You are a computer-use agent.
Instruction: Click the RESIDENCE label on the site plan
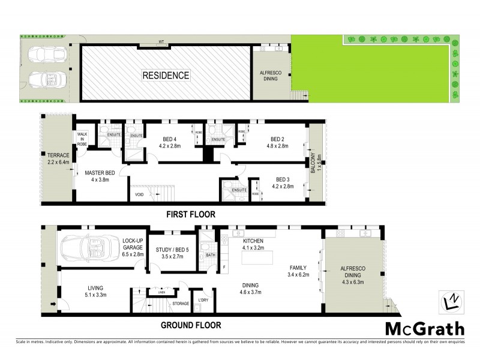point(166,76)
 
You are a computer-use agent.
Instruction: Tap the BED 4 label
point(170,141)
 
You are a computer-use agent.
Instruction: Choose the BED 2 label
point(276,141)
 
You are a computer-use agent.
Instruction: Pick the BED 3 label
point(283,182)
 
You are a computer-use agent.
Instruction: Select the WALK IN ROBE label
point(82,140)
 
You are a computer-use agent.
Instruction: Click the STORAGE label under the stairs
point(180,304)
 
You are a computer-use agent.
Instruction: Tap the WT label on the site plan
point(161,42)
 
